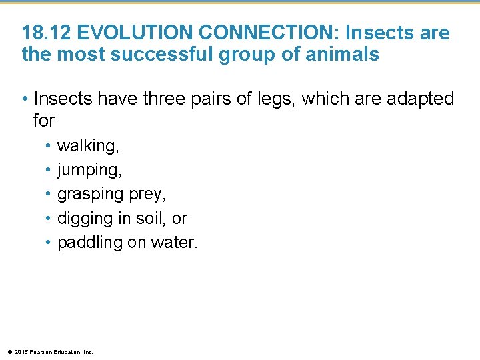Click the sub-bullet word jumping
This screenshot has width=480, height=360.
(x=89, y=171)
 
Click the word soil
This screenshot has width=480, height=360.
(x=153, y=219)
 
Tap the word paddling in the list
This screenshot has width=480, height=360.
(x=89, y=243)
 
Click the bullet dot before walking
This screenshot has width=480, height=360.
(x=49, y=146)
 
